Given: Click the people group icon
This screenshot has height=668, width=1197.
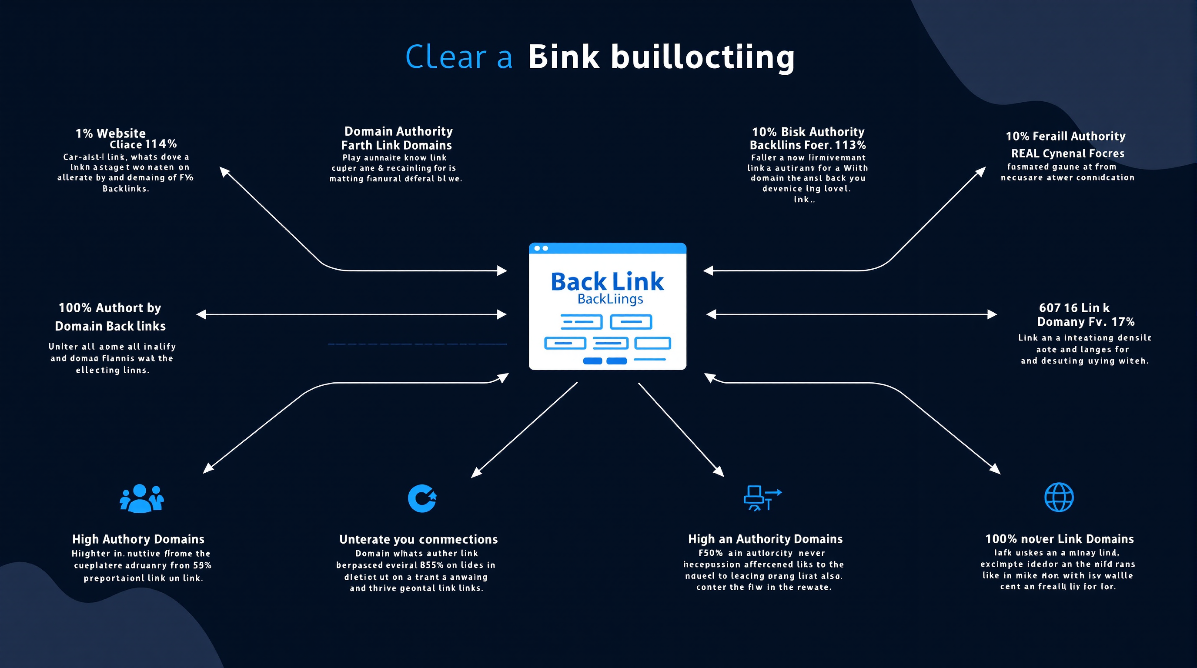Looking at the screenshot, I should click(142, 498).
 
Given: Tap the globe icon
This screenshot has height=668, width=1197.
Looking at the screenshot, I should click(1059, 498).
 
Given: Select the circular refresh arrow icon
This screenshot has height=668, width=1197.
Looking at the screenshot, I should click(422, 498).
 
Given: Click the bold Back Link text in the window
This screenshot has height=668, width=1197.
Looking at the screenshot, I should click(607, 281).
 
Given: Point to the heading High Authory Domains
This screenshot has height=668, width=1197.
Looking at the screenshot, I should click(138, 539).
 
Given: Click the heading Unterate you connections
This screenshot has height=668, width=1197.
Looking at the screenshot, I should click(418, 539).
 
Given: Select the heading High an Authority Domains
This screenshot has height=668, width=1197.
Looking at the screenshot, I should click(765, 539).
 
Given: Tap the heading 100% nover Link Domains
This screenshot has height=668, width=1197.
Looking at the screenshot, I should click(1059, 539).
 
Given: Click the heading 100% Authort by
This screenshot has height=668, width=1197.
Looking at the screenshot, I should click(110, 308).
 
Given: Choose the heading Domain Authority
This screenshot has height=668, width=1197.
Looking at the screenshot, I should click(398, 131).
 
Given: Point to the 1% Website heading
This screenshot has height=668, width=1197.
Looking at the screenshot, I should click(110, 134).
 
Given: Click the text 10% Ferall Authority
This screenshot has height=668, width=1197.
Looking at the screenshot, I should click(1065, 136).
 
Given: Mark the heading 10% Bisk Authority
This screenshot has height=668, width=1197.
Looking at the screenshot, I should click(808, 132).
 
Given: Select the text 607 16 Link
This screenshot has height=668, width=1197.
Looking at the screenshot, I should click(1074, 308).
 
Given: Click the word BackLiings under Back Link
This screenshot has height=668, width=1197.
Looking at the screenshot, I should click(610, 299).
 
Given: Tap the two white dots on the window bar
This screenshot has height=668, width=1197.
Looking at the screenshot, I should click(542, 248).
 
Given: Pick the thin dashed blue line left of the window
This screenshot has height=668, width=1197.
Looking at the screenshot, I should click(417, 344).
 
